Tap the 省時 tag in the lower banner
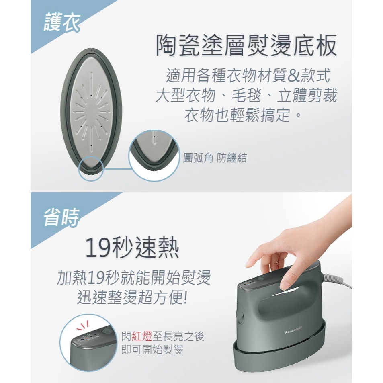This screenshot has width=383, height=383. pos(60,218)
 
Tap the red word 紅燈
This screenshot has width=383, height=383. pos(144,337)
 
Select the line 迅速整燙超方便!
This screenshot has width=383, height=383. pos(132,297)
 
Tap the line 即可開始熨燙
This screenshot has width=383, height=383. pos(153,350)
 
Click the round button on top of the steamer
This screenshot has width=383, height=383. pos(260,278)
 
